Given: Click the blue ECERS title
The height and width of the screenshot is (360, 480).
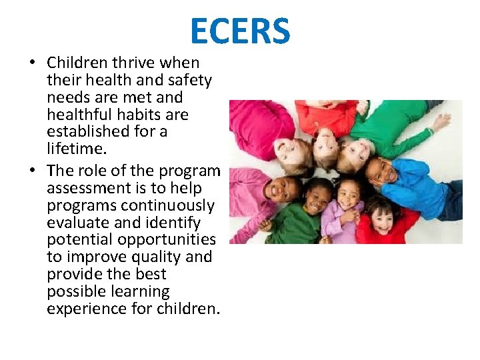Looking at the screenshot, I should (x=240, y=31).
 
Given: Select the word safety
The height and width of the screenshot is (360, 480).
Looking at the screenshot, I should (x=189, y=80).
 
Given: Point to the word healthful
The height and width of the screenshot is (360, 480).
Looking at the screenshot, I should (x=79, y=115).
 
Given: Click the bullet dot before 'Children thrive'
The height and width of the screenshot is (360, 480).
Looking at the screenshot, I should (x=31, y=63).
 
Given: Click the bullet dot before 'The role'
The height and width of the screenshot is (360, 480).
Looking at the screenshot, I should (x=31, y=171).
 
